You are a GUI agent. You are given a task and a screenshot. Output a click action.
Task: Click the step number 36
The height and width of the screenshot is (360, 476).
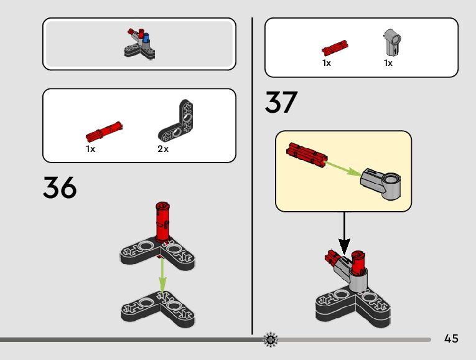click(x=60, y=187)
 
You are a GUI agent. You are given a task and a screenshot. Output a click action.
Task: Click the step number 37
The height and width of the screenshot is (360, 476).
click(x=281, y=103)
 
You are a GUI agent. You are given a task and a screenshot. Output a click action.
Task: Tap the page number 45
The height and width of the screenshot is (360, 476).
click(x=452, y=339)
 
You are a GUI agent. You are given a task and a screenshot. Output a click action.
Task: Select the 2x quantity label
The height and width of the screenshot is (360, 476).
click(x=163, y=149)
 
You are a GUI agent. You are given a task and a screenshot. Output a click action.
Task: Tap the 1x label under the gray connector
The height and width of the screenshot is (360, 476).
click(x=388, y=63)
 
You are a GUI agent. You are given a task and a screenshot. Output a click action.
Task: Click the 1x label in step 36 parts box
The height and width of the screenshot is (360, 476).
click(x=90, y=149)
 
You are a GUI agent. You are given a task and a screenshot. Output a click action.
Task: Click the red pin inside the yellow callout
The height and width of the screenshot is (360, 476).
click(x=307, y=153)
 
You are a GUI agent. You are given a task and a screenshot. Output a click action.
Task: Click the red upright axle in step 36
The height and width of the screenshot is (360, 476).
click(x=163, y=222)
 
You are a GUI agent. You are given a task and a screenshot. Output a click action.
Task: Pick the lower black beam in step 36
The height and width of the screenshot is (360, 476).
click(x=159, y=306)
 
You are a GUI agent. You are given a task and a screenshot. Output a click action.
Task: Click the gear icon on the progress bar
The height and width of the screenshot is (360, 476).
click(x=271, y=339)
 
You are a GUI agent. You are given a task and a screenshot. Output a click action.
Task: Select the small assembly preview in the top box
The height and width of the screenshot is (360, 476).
click(x=140, y=43)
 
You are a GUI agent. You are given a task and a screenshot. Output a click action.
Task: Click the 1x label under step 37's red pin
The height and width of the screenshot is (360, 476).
click(x=327, y=63)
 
